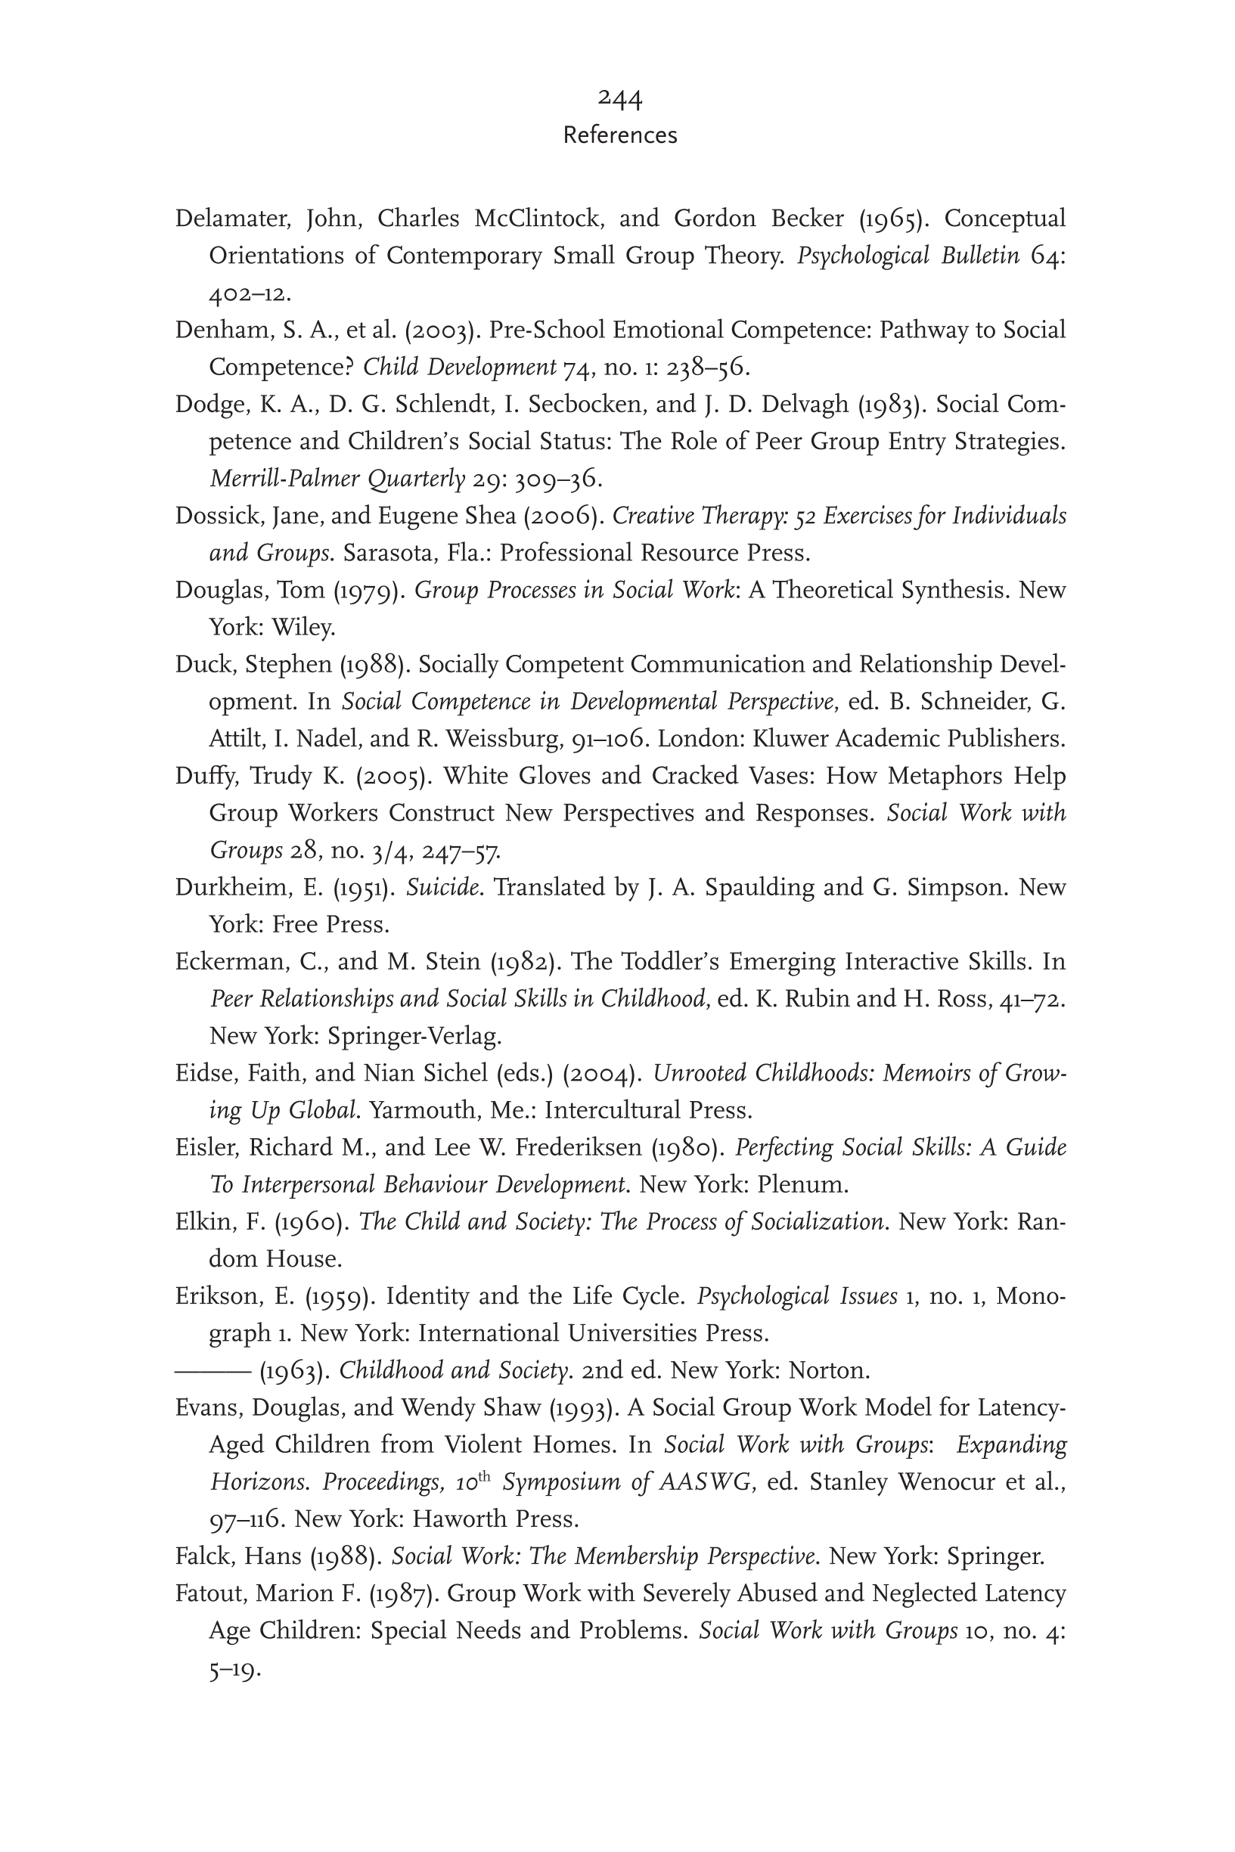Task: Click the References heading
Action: pyautogui.click(x=620, y=135)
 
